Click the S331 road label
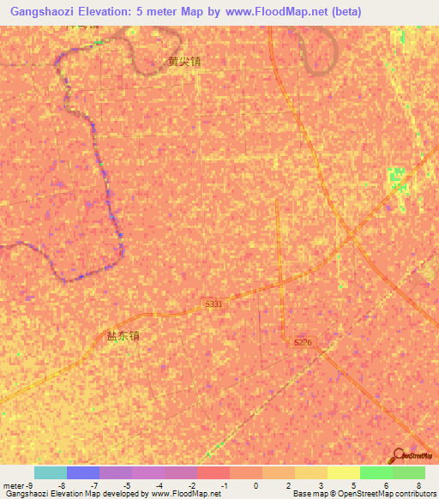click(214, 304)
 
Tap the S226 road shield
click(303, 342)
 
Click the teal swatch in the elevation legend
click(50, 472)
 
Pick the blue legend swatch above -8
click(82, 472)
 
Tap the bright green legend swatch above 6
click(376, 472)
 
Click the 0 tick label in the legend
click(256, 484)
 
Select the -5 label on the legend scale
click(126, 484)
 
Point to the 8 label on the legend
click(418, 484)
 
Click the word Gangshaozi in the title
click(43, 12)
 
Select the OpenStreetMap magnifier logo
click(400, 454)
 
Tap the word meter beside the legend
click(14, 484)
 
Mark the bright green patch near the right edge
click(395, 177)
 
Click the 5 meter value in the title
click(152, 12)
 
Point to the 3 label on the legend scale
click(321, 484)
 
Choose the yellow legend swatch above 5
click(343, 472)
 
